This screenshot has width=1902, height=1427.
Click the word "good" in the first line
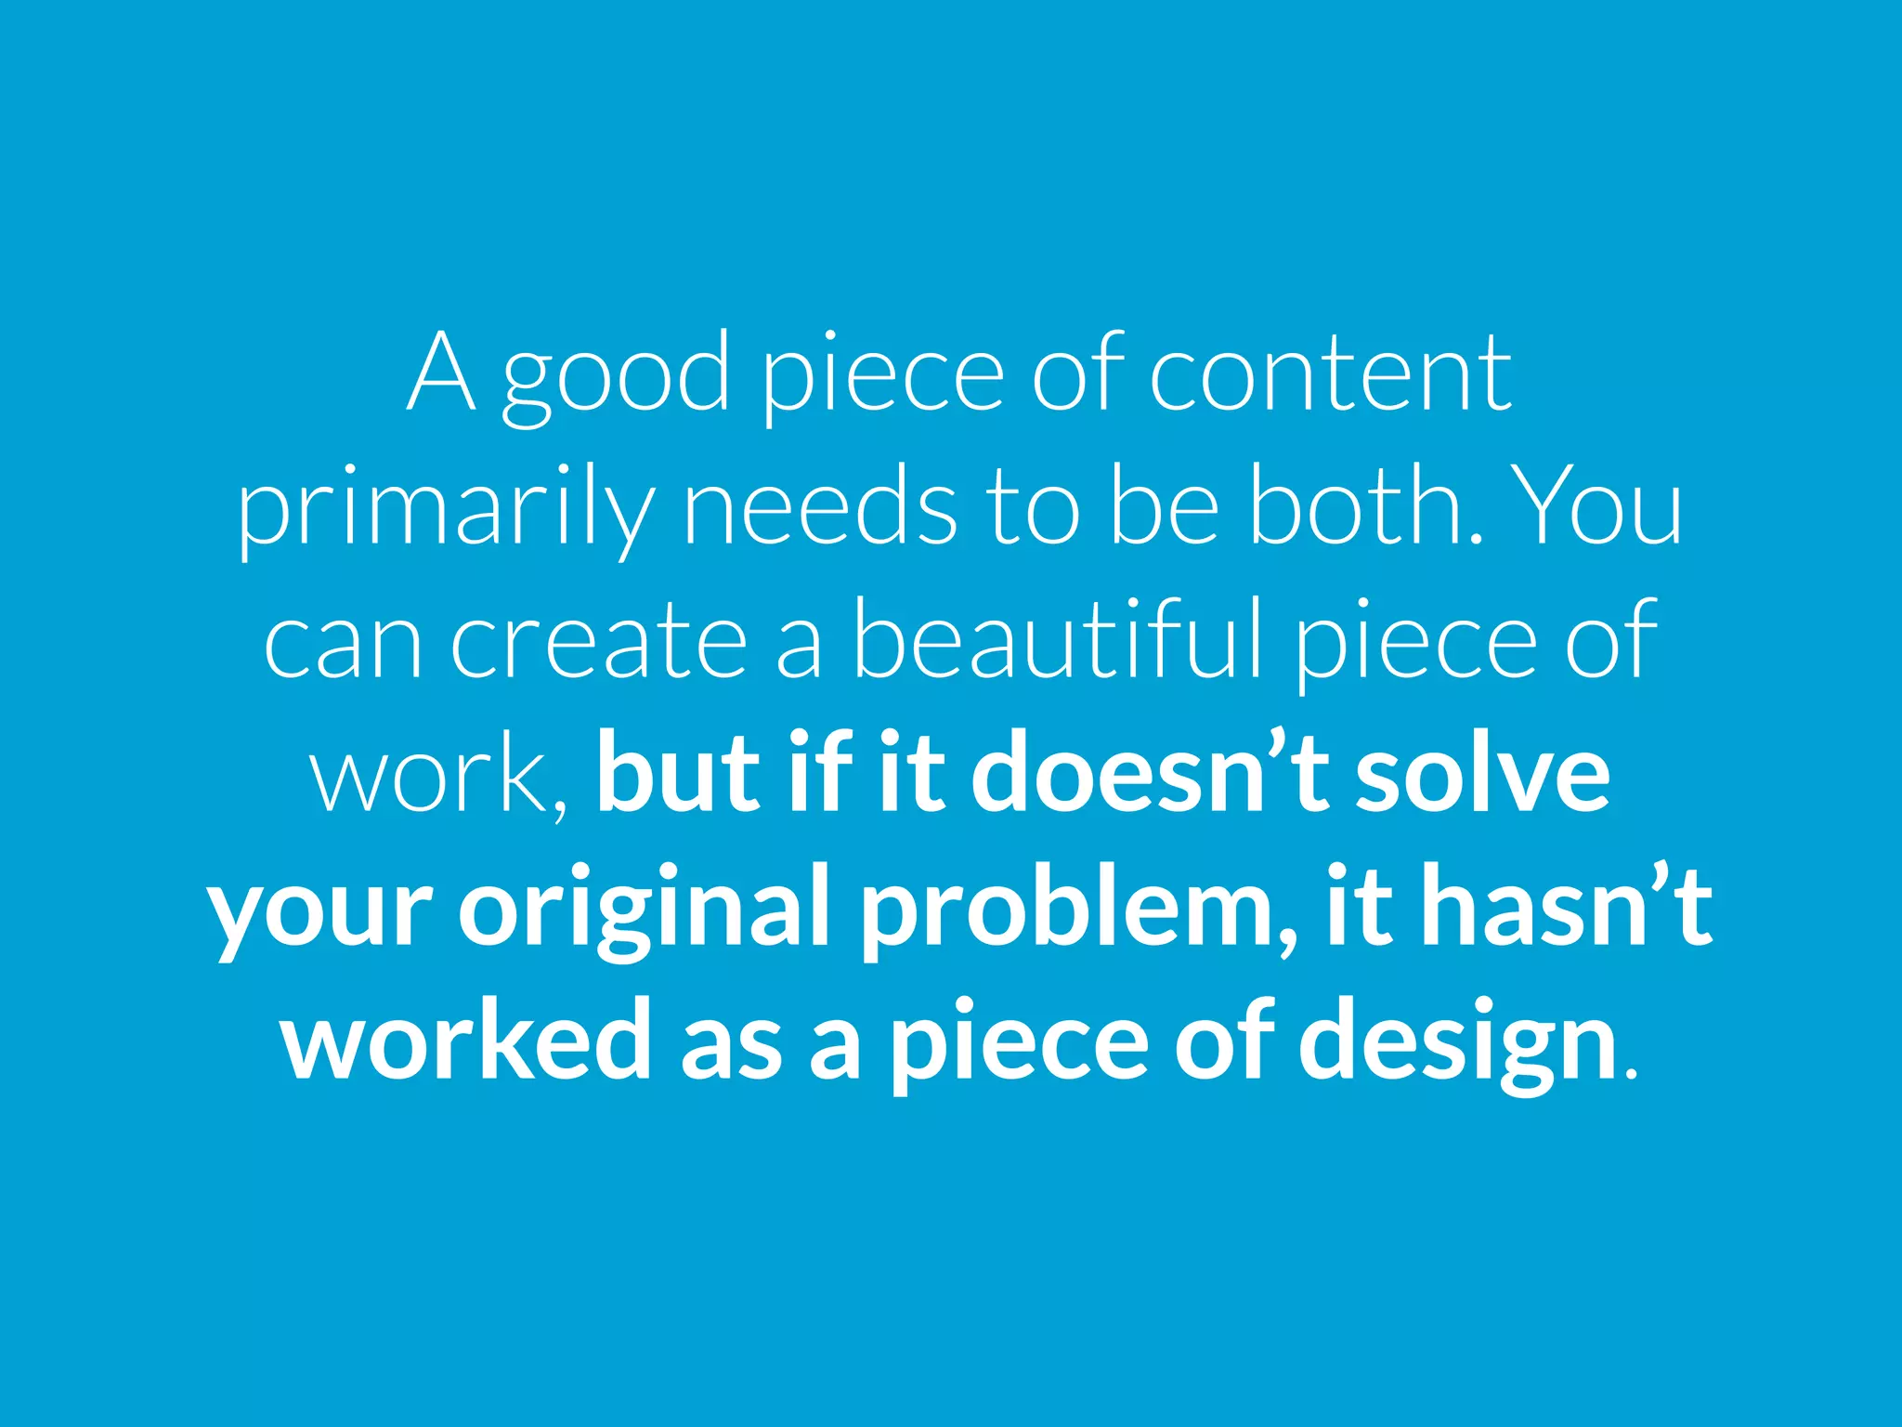coord(616,376)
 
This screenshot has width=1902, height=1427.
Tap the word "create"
coord(599,641)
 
